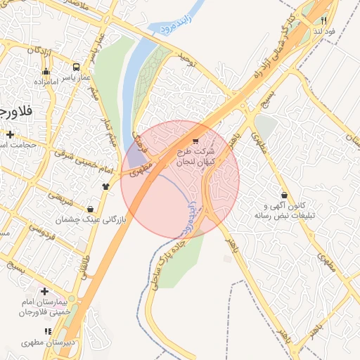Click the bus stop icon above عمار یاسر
click(x=75, y=67)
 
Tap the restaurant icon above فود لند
click(x=323, y=20)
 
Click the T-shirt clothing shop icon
click(x=105, y=186)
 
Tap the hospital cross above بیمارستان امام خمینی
click(x=45, y=291)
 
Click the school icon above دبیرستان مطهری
click(x=48, y=331)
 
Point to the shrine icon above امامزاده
click(x=46, y=71)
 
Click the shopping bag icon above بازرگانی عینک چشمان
click(x=91, y=209)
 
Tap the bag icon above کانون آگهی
click(x=284, y=195)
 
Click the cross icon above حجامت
click(x=10, y=134)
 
